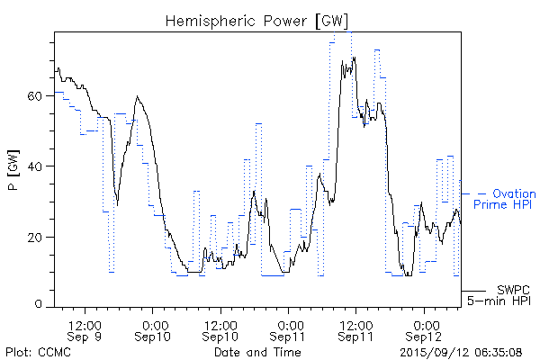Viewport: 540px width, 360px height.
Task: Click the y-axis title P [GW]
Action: click(x=13, y=171)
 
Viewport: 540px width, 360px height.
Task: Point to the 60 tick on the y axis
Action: click(x=36, y=95)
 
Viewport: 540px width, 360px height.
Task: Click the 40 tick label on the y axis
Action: click(x=36, y=166)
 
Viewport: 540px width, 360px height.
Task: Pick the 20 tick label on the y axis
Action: click(x=36, y=237)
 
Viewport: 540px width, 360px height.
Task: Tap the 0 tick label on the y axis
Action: click(x=40, y=306)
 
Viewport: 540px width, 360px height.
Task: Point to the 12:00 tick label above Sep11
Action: click(x=355, y=322)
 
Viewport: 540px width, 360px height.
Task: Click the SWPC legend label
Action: click(x=513, y=289)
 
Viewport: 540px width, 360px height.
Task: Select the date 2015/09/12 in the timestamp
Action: click(x=432, y=351)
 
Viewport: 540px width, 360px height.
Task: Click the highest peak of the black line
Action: click(x=355, y=58)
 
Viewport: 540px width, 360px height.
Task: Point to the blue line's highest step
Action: click(x=351, y=31)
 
